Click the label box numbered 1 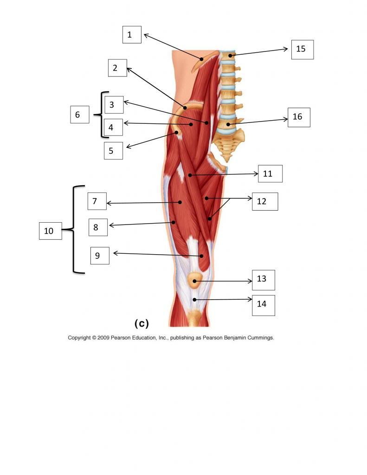click(132, 34)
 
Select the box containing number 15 click(303, 49)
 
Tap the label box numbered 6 click(80, 115)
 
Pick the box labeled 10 click(50, 231)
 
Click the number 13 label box click(264, 280)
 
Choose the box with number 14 click(264, 305)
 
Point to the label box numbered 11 click(270, 173)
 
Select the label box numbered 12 click(265, 201)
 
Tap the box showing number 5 click(113, 151)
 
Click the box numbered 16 click(299, 117)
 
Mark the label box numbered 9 click(100, 256)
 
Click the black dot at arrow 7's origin click(180, 202)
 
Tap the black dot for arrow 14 click(194, 300)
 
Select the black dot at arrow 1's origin click(201, 59)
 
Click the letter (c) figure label click(142, 323)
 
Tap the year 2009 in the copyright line click(103, 338)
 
